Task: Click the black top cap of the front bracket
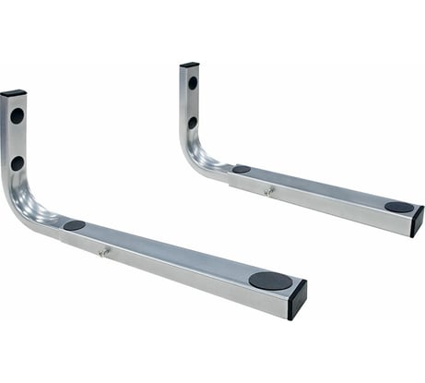[x=13, y=93]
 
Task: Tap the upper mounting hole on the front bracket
[x=17, y=116]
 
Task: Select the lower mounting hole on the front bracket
[x=17, y=162]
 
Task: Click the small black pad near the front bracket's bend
[x=74, y=225]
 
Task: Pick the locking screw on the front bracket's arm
[x=104, y=251]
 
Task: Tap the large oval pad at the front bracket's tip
[x=269, y=280]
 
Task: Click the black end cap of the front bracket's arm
[x=297, y=298]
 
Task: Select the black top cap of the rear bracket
[x=189, y=65]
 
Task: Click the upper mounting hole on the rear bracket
[x=193, y=82]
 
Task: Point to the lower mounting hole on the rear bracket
[x=193, y=122]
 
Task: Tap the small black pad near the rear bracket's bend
[x=241, y=169]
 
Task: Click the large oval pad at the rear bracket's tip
[x=398, y=208]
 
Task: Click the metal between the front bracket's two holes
[x=17, y=139]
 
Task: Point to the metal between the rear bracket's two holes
[x=193, y=102]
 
